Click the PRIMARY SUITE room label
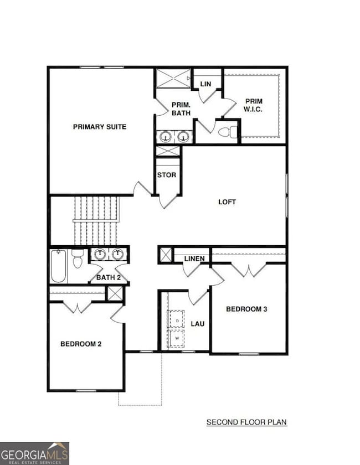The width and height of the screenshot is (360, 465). pyautogui.click(x=100, y=127)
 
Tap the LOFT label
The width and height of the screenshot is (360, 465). pyautogui.click(x=227, y=201)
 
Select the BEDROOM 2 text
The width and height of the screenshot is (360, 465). pyautogui.click(x=81, y=344)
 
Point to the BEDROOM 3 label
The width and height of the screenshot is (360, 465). pyautogui.click(x=246, y=309)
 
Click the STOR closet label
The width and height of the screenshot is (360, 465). pyautogui.click(x=167, y=175)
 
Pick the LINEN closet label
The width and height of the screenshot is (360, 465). pyautogui.click(x=194, y=259)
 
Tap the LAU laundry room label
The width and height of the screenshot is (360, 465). pyautogui.click(x=198, y=323)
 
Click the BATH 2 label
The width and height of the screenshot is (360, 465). pyautogui.click(x=109, y=277)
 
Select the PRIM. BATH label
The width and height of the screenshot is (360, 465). pyautogui.click(x=181, y=108)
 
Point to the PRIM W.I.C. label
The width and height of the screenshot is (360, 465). pyautogui.click(x=254, y=105)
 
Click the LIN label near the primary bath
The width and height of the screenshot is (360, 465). pyautogui.click(x=205, y=84)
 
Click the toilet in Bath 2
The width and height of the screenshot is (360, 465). pyautogui.click(x=78, y=259)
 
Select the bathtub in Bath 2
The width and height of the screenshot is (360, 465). pyautogui.click(x=59, y=266)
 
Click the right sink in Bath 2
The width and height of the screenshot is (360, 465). pyautogui.click(x=117, y=254)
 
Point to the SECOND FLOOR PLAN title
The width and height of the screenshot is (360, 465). pyautogui.click(x=246, y=422)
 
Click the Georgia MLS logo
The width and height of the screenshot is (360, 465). pyautogui.click(x=34, y=453)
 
